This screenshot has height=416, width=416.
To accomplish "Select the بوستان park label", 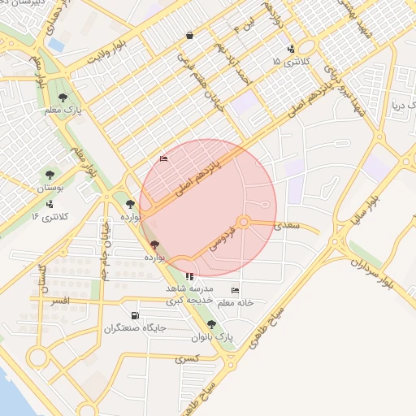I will coord(49,188).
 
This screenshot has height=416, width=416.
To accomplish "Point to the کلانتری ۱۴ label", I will coord(51,217).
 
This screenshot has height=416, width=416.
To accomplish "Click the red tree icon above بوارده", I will coord(154,245).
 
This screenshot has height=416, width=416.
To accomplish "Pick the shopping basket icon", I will coord(189,36).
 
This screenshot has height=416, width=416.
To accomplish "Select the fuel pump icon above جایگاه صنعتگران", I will coord(134,316).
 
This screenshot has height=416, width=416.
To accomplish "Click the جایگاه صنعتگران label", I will coord(135,328).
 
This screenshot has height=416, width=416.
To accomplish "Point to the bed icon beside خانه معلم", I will coord(236,290).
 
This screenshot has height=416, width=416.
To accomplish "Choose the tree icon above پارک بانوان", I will coord(212,324).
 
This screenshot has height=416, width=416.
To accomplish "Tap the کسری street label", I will coord(186,357).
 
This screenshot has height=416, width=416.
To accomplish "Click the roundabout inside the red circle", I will coord(243,222).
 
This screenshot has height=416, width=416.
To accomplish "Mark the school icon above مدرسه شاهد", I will coord(190,276).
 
